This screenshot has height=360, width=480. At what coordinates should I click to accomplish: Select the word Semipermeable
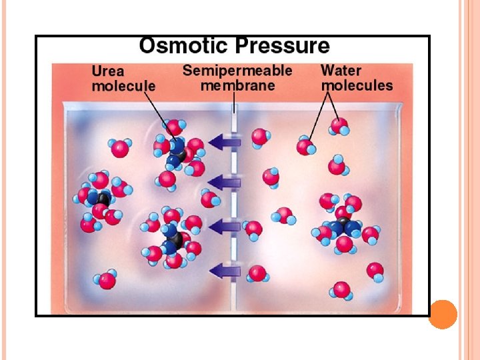(x=237, y=71)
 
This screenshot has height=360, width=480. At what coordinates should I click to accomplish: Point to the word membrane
(x=237, y=86)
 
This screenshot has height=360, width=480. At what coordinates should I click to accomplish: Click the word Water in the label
(x=341, y=71)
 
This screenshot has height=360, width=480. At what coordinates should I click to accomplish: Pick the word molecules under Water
(x=357, y=85)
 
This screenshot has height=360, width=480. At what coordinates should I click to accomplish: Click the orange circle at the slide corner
(x=443, y=314)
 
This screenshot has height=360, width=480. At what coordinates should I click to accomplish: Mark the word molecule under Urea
(x=123, y=86)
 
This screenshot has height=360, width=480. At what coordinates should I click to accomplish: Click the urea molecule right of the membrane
(x=344, y=227)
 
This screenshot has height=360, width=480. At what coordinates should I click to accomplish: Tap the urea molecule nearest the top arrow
(x=178, y=152)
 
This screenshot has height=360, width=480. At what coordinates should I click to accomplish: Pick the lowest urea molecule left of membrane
(x=172, y=237)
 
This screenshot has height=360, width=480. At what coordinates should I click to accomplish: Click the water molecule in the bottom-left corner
(x=107, y=279)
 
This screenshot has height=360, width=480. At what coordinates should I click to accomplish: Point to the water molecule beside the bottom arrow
(x=257, y=273)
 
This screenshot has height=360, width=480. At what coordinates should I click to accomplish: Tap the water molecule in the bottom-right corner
(x=342, y=289)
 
